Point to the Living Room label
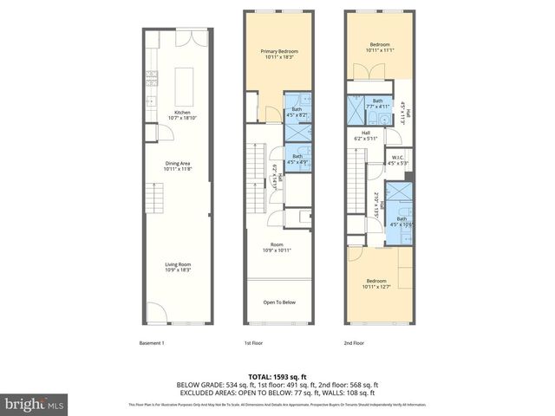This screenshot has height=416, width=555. [178, 268]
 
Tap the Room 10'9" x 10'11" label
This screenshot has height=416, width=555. [277, 248]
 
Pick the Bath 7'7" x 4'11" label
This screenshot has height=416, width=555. [378, 104]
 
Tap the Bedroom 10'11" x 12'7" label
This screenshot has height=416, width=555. [376, 284]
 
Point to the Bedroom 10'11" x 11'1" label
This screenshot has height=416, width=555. [380, 47]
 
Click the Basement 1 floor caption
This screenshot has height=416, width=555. [152, 343]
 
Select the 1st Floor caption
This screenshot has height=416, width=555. [253, 343]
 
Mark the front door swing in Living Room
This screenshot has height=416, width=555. [153, 310]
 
